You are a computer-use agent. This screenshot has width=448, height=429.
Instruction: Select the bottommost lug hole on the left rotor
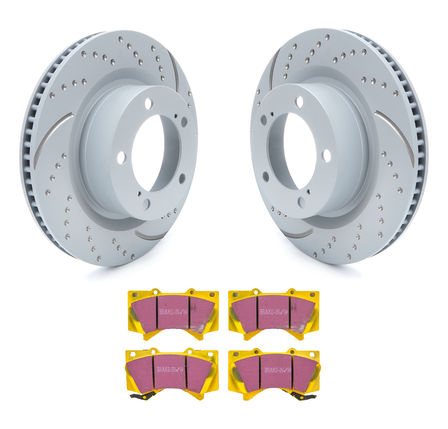tap(146, 204)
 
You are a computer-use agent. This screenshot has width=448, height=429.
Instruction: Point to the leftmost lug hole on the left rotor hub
tap(121, 158)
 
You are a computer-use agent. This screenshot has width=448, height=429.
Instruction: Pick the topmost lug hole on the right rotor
tap(299, 102)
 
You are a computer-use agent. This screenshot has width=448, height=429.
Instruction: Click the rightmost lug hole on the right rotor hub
tap(326, 156)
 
